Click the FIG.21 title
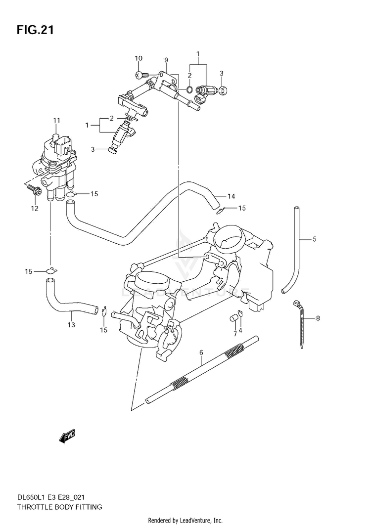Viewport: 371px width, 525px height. pos(35,30)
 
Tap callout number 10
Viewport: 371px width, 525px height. pos(139,59)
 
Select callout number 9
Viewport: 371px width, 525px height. pos(166,60)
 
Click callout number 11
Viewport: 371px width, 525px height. pos(56,121)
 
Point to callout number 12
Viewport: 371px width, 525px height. pos(35,209)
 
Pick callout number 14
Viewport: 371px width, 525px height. pos(231,196)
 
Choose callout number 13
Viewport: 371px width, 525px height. pos(71,324)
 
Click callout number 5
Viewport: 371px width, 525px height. pos(315,239)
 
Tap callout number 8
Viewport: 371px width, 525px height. pos(318,318)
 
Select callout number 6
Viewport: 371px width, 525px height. pos(201,352)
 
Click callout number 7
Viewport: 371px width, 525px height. pos(235,334)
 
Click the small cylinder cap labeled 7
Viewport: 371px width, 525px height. pos(233,318)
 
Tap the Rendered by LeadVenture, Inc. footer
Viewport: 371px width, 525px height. pos(185,521)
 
